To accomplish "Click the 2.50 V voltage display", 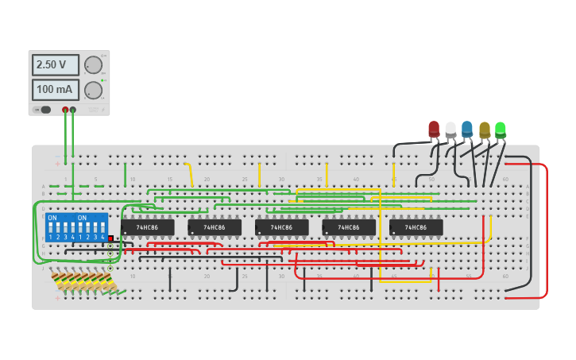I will pos(55,64).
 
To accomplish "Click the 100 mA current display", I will pos(55,90).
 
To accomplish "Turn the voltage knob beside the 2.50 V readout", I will pos(93,64).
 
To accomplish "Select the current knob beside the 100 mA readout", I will pos(93,90).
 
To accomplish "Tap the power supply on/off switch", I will pos(44,110).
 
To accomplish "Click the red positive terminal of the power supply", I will pos(65,110).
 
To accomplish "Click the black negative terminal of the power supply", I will pos(73,110).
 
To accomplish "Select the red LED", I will pos(434,129).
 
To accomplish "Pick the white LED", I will pos(450,129).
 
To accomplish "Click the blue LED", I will pos(467,129).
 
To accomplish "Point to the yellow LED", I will pos(484,129).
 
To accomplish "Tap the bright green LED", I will pos(501,128).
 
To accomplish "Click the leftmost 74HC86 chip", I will pos(148,227).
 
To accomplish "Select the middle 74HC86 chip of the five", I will pos(282,227).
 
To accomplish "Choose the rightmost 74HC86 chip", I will pos(416,227).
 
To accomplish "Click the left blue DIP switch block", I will pos(61,227).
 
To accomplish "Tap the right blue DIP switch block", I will pos(91,227).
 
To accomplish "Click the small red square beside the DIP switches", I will pos(110,238).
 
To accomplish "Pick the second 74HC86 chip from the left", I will pos(215,227).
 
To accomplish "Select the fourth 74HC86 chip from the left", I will pos(349,227).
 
